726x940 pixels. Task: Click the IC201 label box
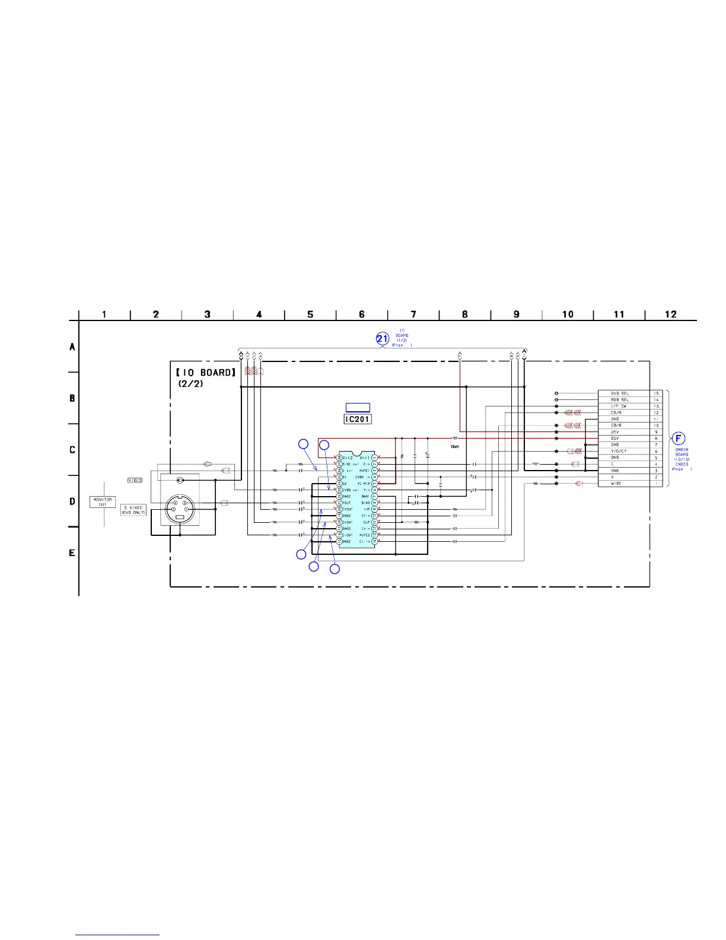pos(358,419)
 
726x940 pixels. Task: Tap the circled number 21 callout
pos(383,339)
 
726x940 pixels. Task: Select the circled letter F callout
pos(679,439)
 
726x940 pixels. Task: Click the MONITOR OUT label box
pos(102,502)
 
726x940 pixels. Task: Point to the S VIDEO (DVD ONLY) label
pos(133,510)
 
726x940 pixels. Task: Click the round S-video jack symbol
pos(180,508)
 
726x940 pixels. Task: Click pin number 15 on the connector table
pos(656,393)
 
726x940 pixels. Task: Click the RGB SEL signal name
pos(620,400)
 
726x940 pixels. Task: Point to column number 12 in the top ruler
pos(670,315)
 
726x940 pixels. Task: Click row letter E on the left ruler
pos(72,553)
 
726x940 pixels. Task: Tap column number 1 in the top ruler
pos(104,315)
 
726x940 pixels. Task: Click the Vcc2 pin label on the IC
pos(348,458)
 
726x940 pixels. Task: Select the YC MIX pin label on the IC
pos(363,484)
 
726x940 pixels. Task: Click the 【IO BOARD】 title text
pos(206,373)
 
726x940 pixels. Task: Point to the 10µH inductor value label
pos(454,446)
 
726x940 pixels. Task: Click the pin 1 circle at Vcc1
pos(374,458)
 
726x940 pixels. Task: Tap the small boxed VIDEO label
pos(135,480)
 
